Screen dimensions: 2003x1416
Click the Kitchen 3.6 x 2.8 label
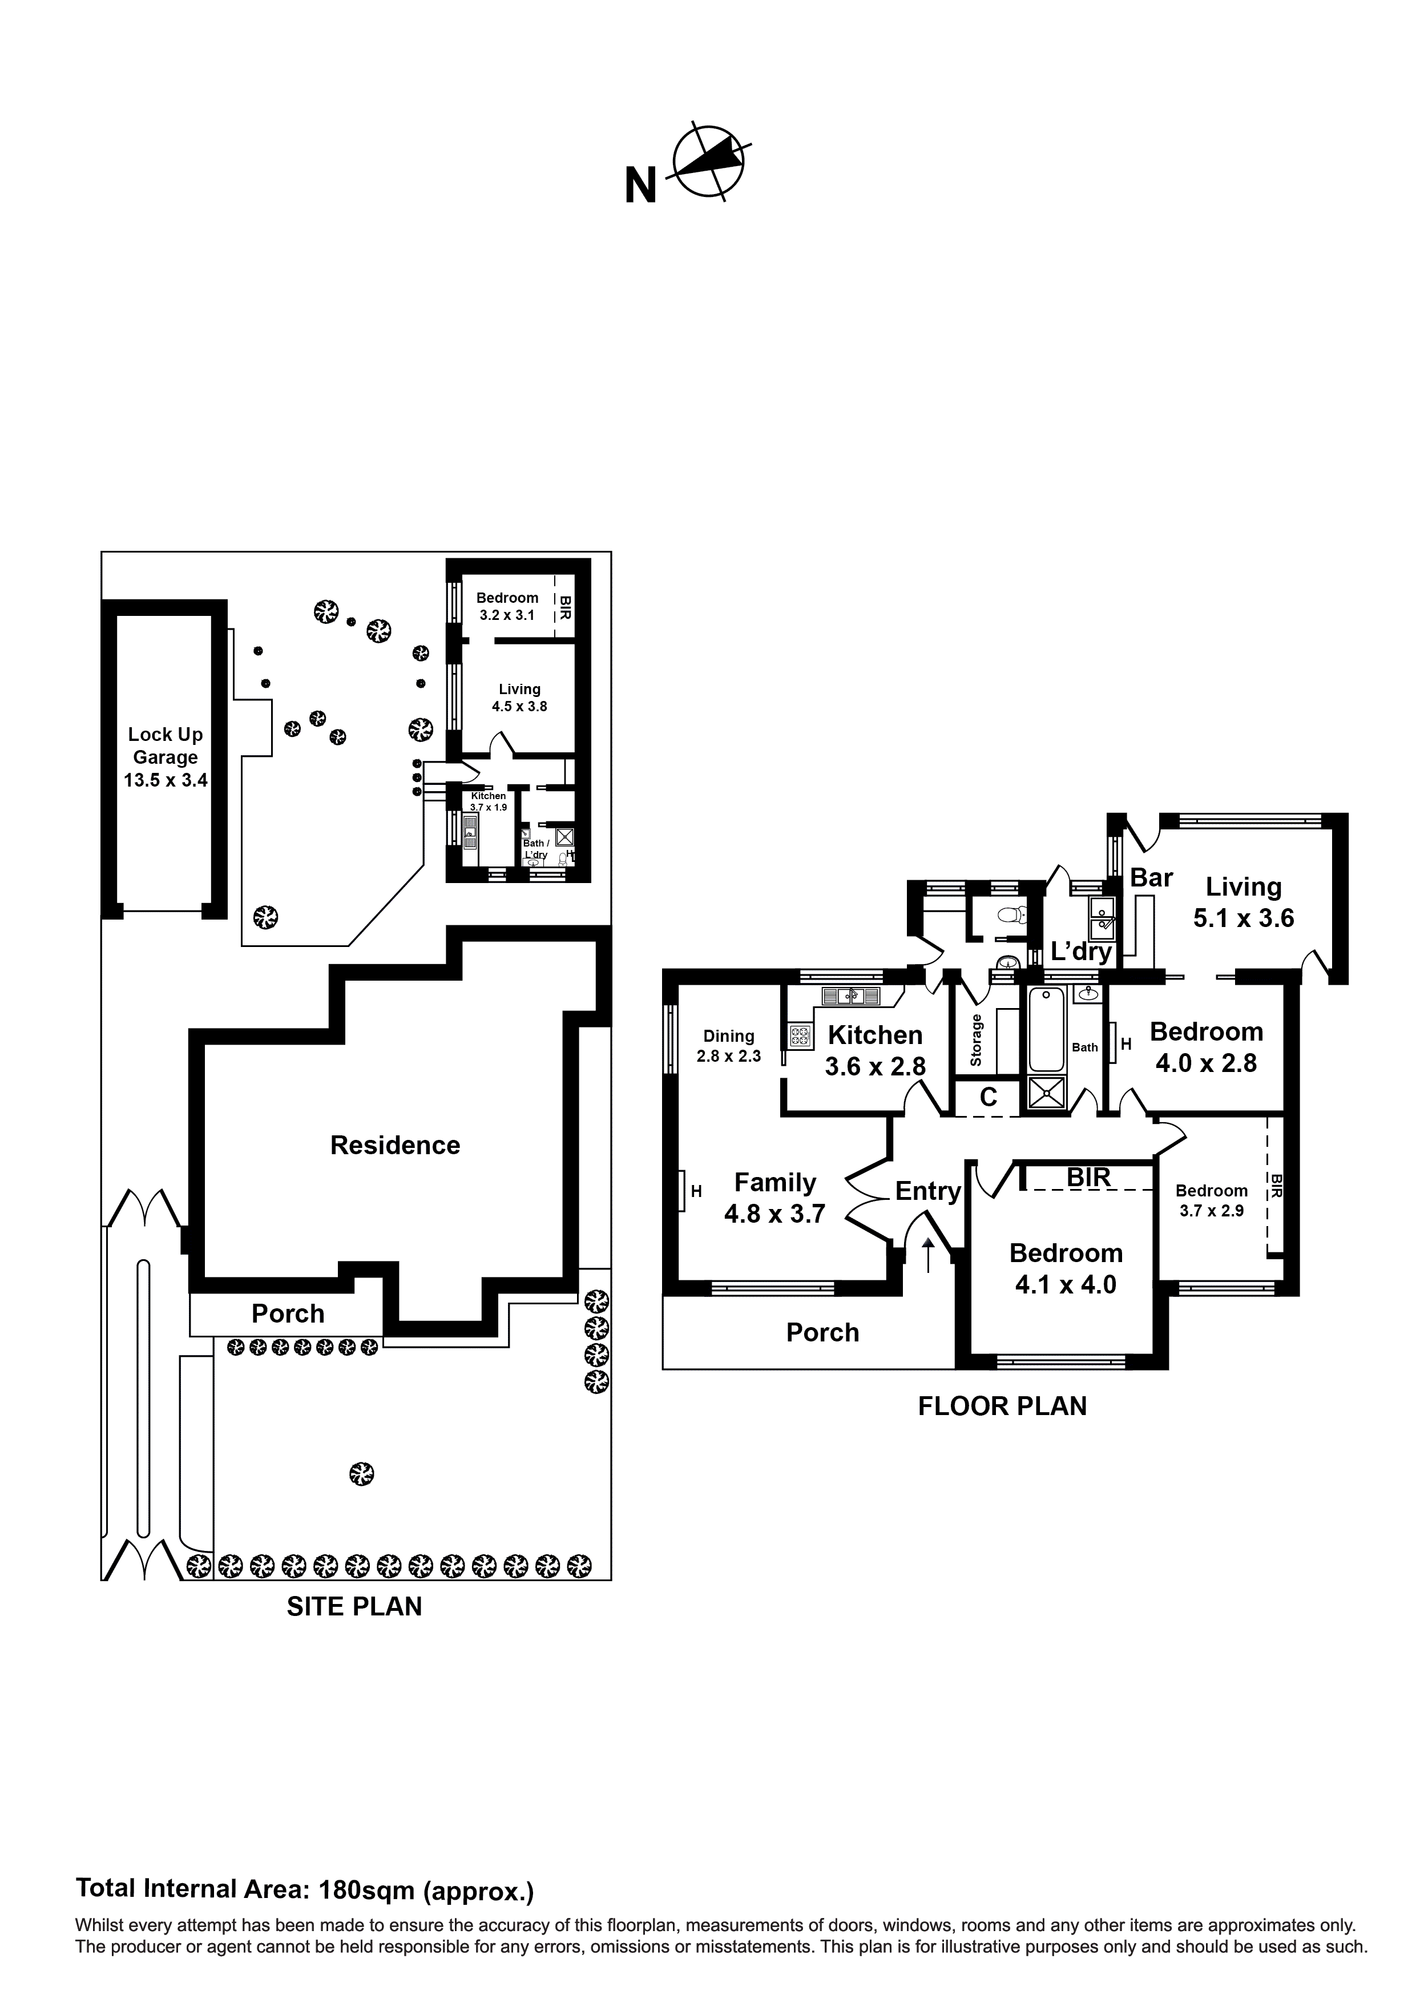(875, 1050)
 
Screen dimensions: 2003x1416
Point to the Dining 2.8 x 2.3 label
(728, 1045)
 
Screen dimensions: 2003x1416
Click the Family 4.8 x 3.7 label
(774, 1198)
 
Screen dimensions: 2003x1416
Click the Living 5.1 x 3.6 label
(1243, 902)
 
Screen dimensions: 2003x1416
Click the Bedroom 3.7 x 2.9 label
(1211, 1199)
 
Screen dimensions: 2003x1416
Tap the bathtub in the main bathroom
(1046, 1029)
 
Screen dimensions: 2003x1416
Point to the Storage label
(977, 1040)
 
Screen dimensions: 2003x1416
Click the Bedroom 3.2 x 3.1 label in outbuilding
(507, 606)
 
